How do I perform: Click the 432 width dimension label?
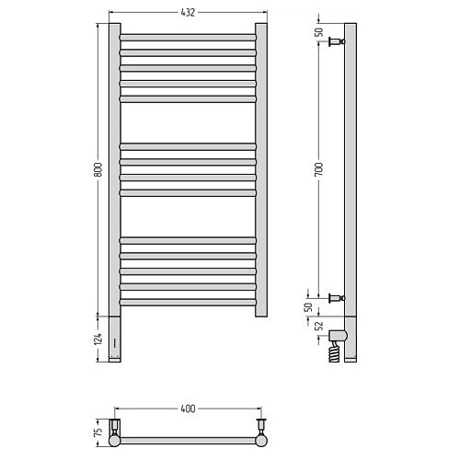pyautogui.click(x=188, y=12)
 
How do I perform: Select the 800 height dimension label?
pyautogui.click(x=98, y=169)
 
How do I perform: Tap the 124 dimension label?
pyautogui.click(x=98, y=339)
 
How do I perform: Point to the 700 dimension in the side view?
pyautogui.click(x=319, y=169)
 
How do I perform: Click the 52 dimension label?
pyautogui.click(x=319, y=326)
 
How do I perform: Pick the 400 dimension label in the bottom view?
pyautogui.click(x=188, y=408)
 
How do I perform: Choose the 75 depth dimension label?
pyautogui.click(x=98, y=432)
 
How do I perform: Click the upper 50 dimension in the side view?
pyautogui.click(x=319, y=32)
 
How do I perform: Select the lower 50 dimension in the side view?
pyautogui.click(x=308, y=307)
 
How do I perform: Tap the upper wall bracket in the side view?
pyautogui.click(x=337, y=41)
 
